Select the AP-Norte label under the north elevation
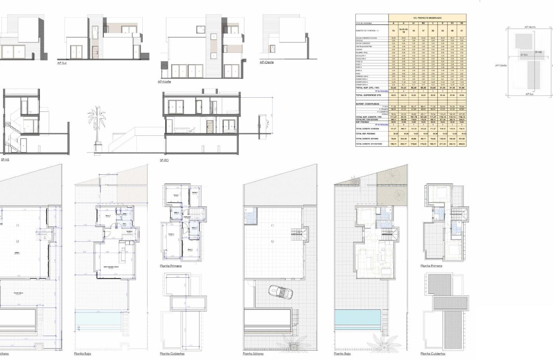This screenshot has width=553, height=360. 165,81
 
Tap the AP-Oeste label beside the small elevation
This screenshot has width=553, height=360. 267,63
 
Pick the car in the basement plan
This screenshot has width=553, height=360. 281,293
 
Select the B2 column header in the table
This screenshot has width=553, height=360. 423,23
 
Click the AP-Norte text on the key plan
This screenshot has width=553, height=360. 530,27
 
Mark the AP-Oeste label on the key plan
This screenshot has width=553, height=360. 501,66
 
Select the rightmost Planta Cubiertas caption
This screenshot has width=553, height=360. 433,354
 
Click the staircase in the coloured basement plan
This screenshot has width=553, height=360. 301,234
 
